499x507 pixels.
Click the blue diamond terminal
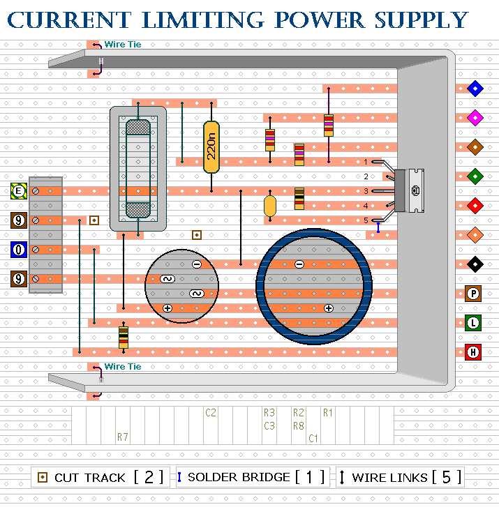[x=475, y=89]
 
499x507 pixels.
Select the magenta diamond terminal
[x=475, y=118]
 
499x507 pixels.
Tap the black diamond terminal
[x=475, y=264]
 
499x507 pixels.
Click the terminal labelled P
[x=474, y=294]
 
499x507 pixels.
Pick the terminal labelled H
[x=474, y=352]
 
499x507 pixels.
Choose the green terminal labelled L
[x=474, y=323]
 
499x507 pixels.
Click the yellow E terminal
[x=19, y=191]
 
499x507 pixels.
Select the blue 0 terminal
[x=19, y=250]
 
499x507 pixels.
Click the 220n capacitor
[x=211, y=147]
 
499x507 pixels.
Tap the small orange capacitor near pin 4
[x=270, y=206]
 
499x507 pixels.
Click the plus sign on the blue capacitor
[x=328, y=308]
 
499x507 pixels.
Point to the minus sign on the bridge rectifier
[x=196, y=264]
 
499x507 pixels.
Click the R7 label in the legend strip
[x=123, y=438]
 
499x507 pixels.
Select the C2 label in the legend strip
[x=211, y=413]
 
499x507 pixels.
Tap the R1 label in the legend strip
[x=328, y=413]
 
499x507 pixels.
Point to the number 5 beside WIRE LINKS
[x=449, y=477]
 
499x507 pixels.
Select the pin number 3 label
[x=365, y=191]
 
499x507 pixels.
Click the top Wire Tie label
[x=123, y=45]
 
